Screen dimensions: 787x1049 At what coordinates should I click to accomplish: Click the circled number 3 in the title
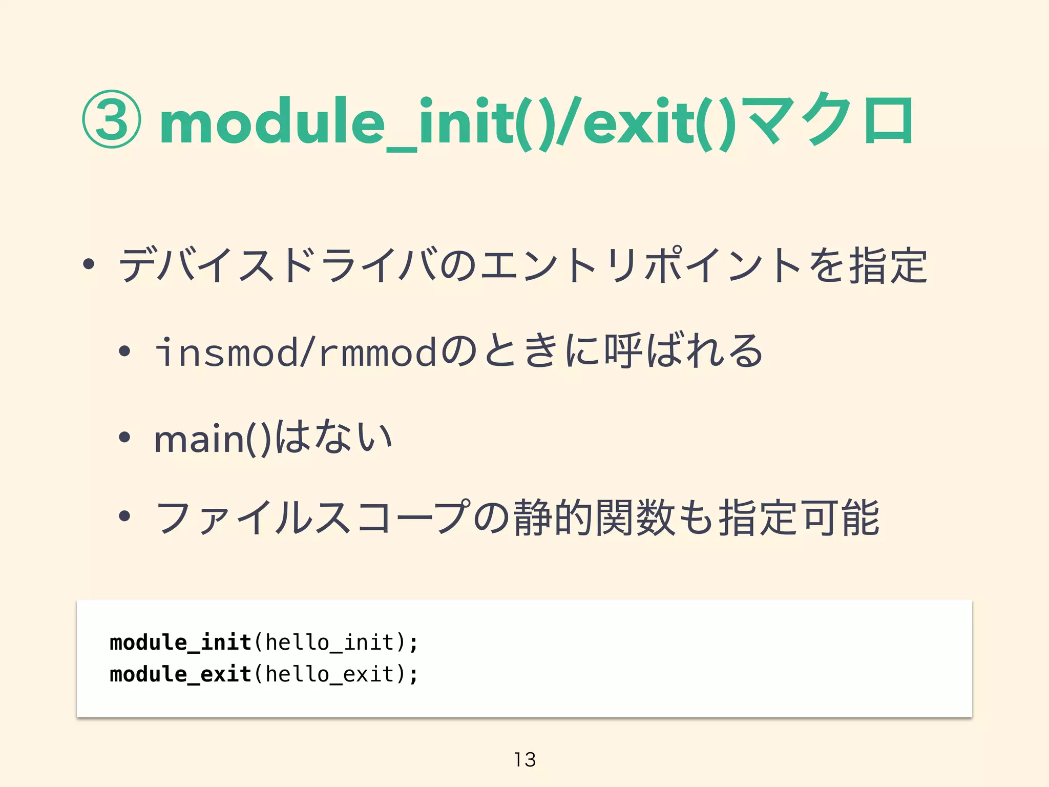point(111,119)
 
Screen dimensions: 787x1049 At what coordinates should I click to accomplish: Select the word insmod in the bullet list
point(226,353)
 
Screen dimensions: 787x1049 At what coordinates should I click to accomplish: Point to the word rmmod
point(377,353)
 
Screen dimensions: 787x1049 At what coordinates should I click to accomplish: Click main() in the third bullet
point(212,439)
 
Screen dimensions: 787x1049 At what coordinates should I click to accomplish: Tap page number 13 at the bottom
point(524,759)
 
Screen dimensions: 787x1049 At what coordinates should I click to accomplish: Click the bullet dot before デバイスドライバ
point(89,264)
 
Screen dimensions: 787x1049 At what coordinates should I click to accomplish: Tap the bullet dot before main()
point(124,437)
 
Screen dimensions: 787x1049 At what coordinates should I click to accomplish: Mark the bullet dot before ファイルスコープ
point(124,516)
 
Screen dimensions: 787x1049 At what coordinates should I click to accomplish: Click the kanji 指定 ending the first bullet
point(887,265)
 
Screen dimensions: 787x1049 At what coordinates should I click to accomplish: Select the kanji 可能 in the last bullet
point(840,517)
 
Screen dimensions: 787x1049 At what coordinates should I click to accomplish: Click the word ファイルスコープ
point(312,517)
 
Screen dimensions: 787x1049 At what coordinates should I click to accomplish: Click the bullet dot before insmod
point(124,351)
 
